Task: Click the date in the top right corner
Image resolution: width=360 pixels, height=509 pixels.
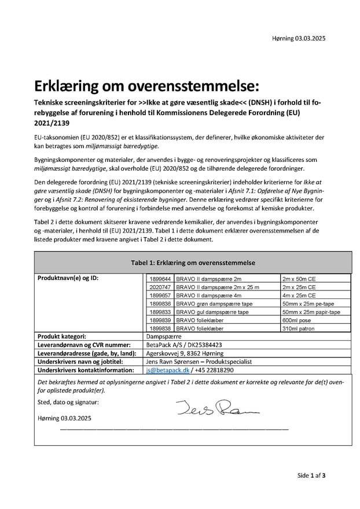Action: point(298,38)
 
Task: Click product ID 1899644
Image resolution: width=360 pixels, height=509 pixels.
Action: point(160,278)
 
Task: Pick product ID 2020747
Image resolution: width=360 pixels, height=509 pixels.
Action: point(160,287)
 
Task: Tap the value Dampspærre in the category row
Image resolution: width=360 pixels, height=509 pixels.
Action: point(164,336)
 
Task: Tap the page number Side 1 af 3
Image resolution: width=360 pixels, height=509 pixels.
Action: point(311,475)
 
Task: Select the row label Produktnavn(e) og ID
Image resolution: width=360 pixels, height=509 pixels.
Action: point(68,278)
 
